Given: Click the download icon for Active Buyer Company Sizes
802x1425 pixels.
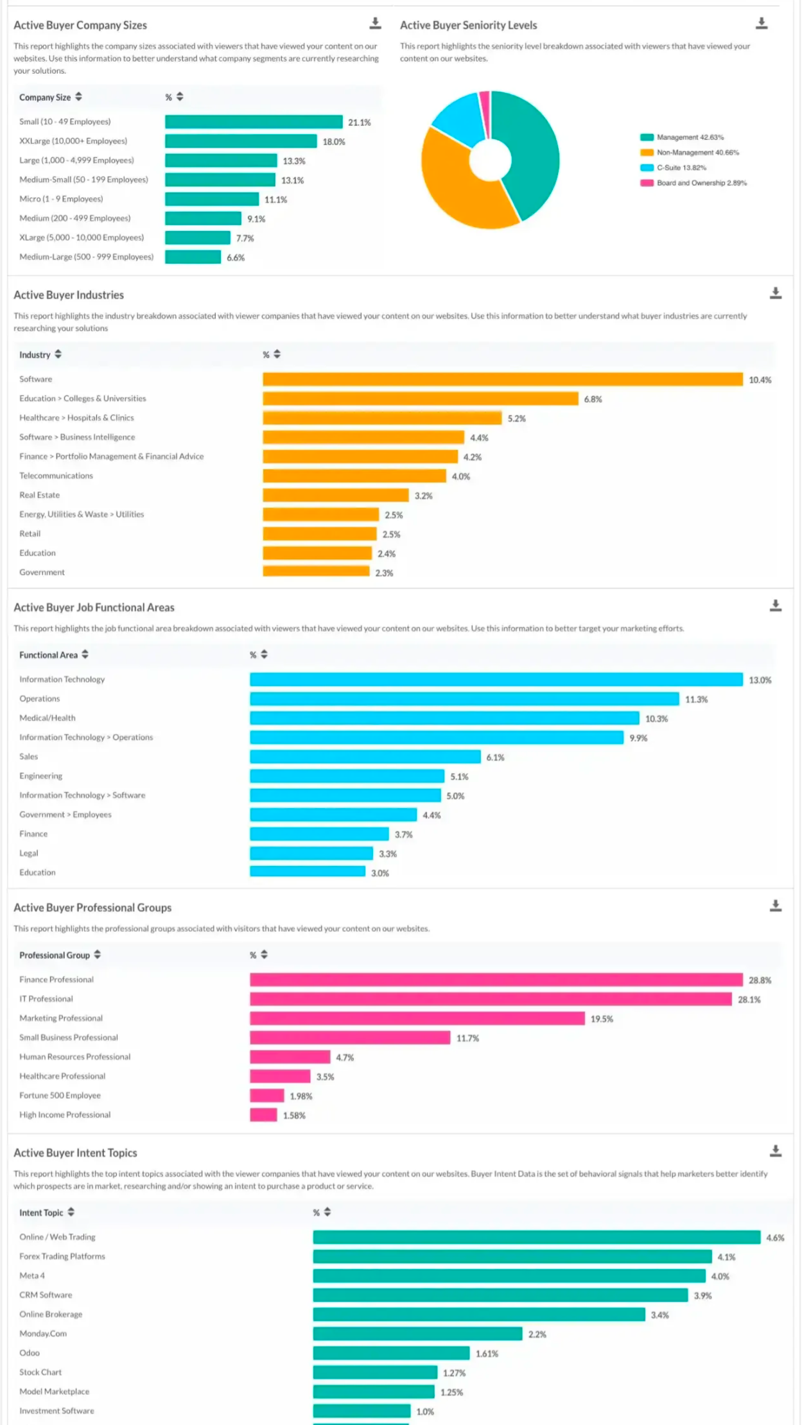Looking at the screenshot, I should click(x=375, y=24).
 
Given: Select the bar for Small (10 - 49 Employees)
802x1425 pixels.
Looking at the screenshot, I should click(x=253, y=122).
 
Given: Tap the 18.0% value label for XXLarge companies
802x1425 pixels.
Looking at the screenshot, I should click(x=333, y=142).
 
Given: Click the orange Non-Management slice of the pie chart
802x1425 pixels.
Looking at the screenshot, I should click(x=457, y=192).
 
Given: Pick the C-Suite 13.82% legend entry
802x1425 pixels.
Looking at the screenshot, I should click(x=681, y=168).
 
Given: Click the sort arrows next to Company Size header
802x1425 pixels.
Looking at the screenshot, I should click(x=78, y=97).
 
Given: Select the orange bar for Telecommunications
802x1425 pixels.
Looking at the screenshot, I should click(x=354, y=476).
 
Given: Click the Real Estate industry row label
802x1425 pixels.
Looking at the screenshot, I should click(x=39, y=495).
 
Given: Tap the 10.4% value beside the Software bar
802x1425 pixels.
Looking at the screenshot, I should click(x=760, y=380).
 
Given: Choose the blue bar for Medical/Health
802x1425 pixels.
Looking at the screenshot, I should click(x=444, y=718).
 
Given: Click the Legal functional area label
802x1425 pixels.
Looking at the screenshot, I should click(x=29, y=853).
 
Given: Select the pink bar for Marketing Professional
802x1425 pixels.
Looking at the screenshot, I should click(x=417, y=1019).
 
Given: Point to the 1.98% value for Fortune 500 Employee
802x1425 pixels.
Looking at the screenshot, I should click(x=301, y=1096).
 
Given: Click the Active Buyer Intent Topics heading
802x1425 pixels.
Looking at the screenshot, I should click(x=75, y=1153).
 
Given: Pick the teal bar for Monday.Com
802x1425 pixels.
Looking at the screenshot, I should click(x=417, y=1334).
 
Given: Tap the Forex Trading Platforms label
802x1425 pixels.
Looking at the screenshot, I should click(x=62, y=1256).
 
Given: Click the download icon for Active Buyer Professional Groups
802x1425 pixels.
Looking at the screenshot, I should click(x=775, y=906).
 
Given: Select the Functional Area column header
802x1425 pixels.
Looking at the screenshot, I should click(x=48, y=655).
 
